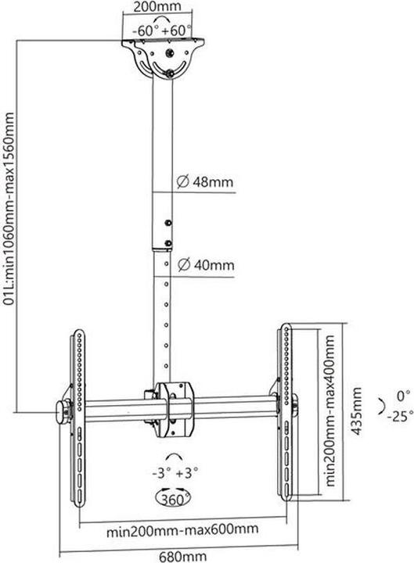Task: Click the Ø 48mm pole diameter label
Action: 205,183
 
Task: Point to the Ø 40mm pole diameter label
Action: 205,264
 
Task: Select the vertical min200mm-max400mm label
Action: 332,407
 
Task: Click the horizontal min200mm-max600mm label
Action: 184,530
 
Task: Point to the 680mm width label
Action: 177,557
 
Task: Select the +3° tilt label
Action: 189,472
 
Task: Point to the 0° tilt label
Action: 402,395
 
